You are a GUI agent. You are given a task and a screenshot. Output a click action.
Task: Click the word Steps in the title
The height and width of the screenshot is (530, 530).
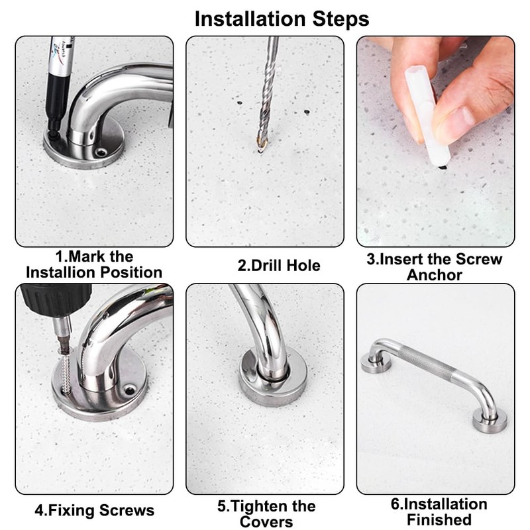[x=341, y=19]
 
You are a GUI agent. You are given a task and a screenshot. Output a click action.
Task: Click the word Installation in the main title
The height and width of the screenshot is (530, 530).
[x=250, y=19]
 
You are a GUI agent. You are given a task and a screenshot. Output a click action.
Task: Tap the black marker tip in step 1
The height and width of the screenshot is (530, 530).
[x=53, y=135]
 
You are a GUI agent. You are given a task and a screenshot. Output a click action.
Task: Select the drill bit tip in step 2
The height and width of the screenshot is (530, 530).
[x=260, y=148]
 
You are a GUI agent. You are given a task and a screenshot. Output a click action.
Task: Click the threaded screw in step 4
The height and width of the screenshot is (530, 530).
[x=65, y=372]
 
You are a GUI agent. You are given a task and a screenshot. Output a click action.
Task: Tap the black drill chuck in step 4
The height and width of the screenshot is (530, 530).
[x=56, y=299]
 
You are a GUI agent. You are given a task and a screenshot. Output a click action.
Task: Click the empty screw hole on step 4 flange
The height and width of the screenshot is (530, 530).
[x=129, y=390]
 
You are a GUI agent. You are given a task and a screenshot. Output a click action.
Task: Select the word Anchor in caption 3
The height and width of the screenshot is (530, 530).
[x=435, y=275]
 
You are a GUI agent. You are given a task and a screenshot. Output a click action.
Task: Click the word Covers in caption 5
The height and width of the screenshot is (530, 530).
[x=266, y=522]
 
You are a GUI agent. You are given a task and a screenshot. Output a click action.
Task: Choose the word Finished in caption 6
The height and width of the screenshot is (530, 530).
[x=439, y=519]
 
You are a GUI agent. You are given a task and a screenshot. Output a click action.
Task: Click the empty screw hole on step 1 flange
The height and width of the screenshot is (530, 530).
[x=101, y=152]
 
